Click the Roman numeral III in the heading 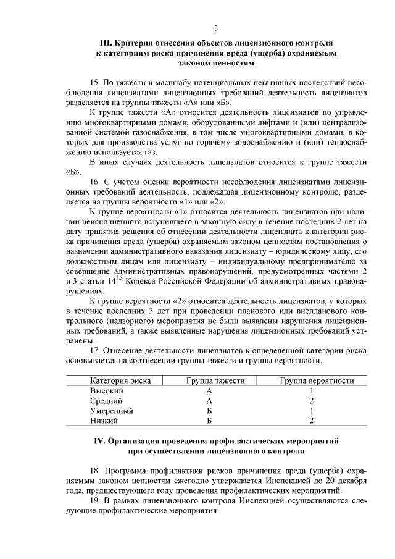[x=107, y=44]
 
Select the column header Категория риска [x=121, y=381]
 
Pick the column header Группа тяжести [x=216, y=381]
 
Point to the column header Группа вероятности [x=317, y=381]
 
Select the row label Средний [x=106, y=401]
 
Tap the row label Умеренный [x=112, y=411]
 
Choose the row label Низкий [x=104, y=421]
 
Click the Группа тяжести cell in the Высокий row [x=209, y=392]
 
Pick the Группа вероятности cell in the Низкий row [x=312, y=421]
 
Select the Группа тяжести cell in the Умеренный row [x=209, y=411]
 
